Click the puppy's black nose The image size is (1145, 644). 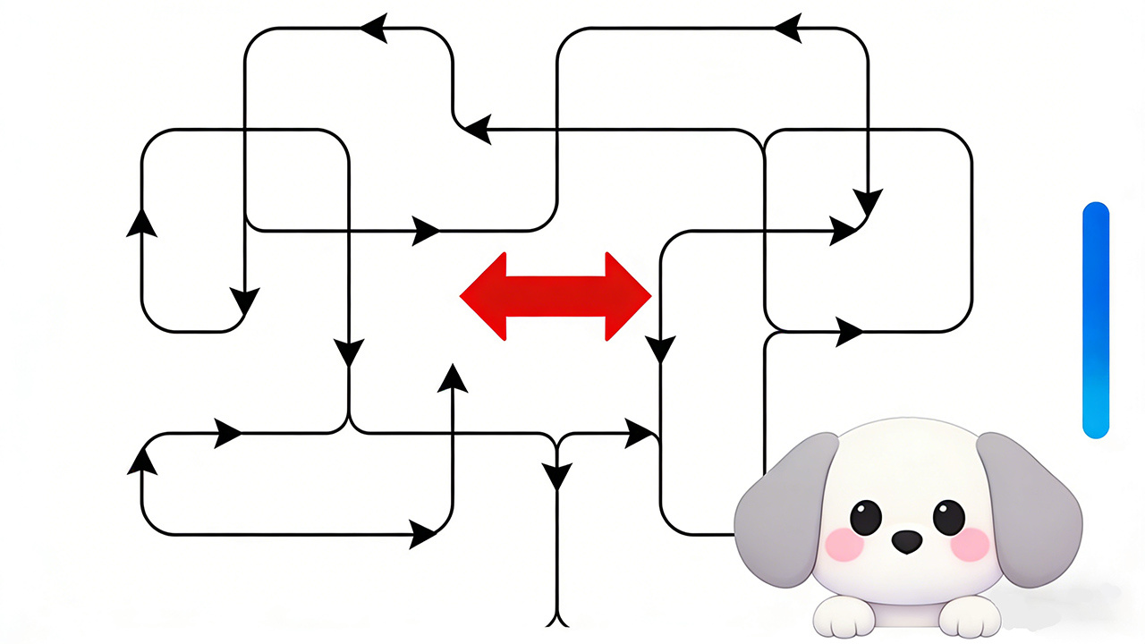[907, 540]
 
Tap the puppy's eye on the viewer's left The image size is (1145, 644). [865, 516]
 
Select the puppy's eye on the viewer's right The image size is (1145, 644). [948, 516]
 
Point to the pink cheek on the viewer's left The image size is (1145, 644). [844, 543]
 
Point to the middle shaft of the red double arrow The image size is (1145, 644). [556, 296]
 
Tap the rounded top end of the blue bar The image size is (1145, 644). [1096, 215]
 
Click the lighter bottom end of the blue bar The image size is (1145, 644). [1096, 425]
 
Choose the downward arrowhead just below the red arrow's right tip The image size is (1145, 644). [660, 349]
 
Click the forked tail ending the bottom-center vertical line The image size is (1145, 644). [557, 619]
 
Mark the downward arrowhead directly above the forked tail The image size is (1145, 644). [557, 476]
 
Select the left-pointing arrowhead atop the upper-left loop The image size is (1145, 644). [375, 29]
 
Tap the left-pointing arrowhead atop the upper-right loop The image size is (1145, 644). [788, 29]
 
